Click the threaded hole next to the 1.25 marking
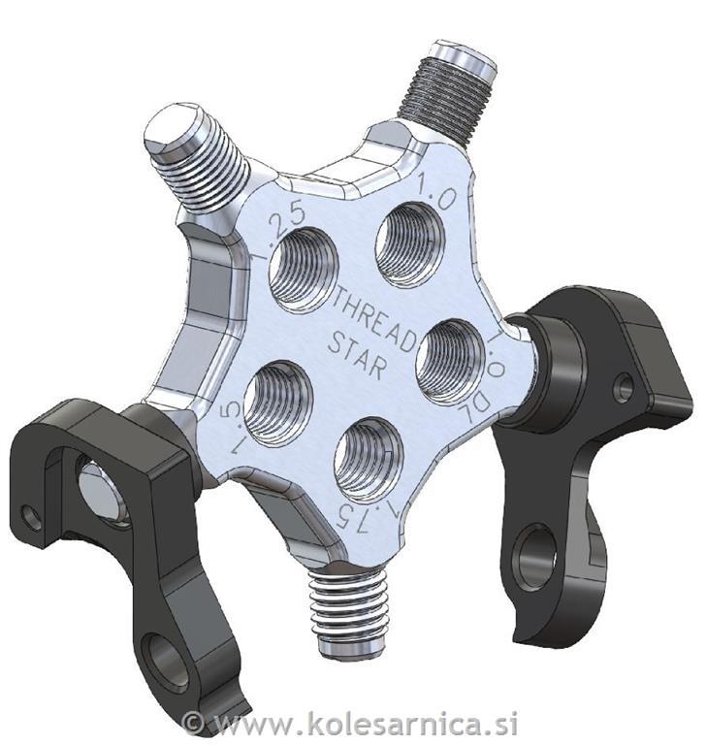pos(303,269)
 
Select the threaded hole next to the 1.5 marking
pos(278,403)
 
